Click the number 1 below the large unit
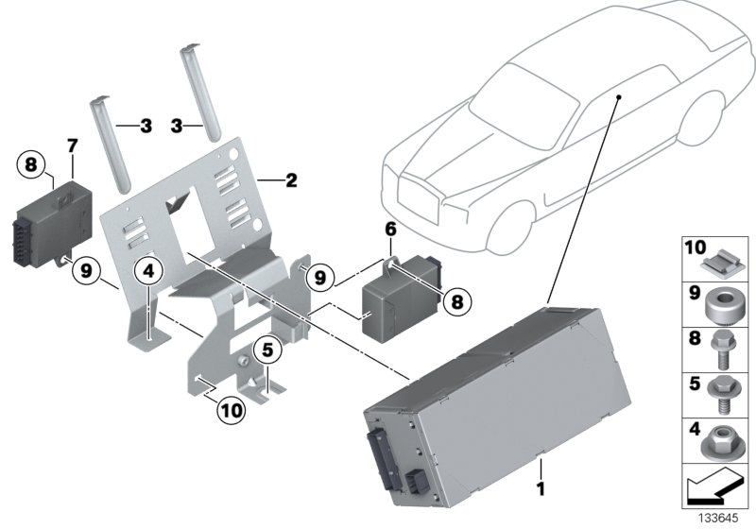[x=541, y=489]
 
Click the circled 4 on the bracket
[x=147, y=271]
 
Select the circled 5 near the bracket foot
[x=268, y=350]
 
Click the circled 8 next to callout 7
[x=30, y=164]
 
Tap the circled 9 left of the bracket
[x=86, y=271]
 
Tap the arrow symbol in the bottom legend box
[x=714, y=489]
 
